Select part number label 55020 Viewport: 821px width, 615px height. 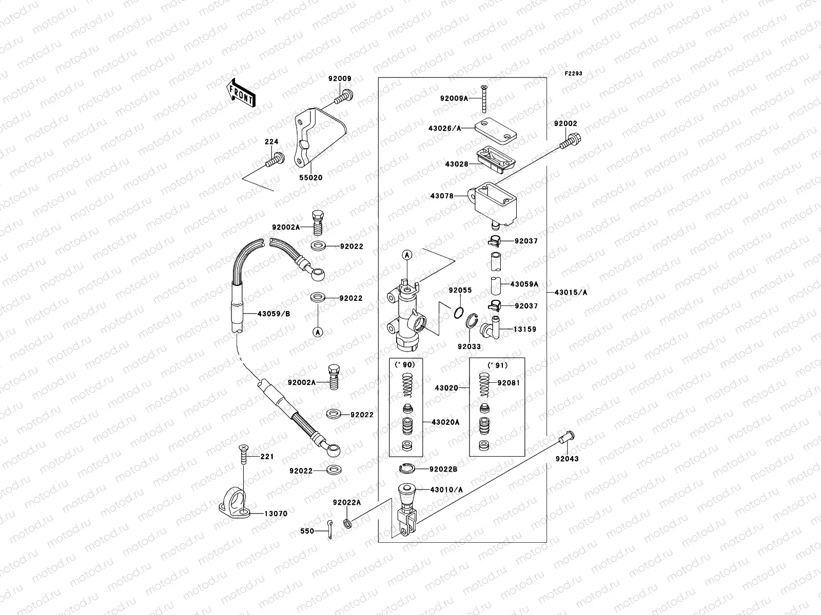311,178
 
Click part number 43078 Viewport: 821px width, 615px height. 442,196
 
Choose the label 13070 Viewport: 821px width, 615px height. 276,514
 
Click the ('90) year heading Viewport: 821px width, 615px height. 405,364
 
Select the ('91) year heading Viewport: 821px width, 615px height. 497,364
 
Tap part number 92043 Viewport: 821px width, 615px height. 566,459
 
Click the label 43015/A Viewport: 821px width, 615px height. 571,293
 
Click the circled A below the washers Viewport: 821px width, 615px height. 318,332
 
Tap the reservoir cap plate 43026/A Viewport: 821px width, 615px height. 495,127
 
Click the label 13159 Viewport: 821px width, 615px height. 525,330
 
